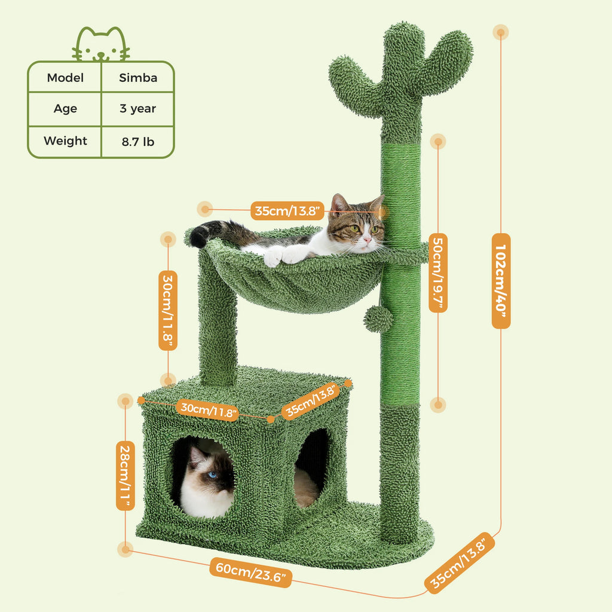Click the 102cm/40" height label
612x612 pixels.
(501, 280)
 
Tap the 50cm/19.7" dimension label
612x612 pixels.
(438, 272)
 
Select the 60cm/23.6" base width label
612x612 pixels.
(251, 573)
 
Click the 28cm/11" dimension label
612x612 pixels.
(125, 476)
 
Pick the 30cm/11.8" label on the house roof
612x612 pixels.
(209, 410)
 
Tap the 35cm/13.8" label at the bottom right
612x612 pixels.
(460, 564)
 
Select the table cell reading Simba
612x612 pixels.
(137, 78)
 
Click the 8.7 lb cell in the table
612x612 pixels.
(137, 142)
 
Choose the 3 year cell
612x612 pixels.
(137, 109)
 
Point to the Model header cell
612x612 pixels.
(65, 78)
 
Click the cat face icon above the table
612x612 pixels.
(100, 45)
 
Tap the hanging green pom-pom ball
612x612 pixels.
(379, 320)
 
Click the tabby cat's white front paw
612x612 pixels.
(273, 257)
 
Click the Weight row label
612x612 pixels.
(65, 141)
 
